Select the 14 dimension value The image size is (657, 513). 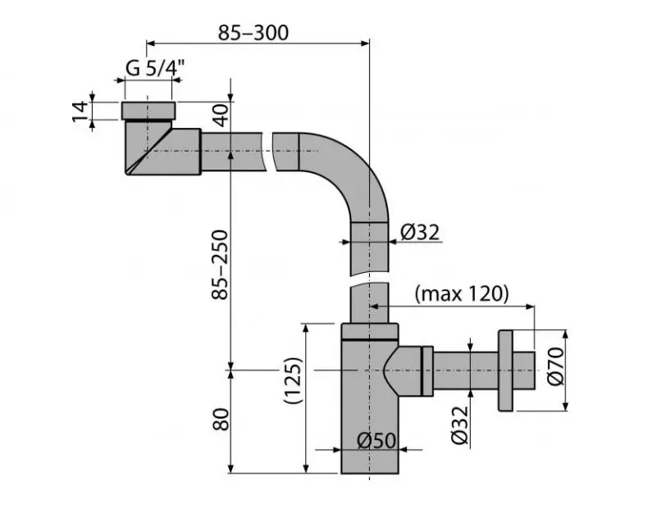[x=79, y=111]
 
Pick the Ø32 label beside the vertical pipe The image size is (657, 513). [x=421, y=233]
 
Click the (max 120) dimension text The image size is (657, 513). [x=462, y=293]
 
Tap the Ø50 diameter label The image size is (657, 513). [x=376, y=441]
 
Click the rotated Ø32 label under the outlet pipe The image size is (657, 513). [x=459, y=424]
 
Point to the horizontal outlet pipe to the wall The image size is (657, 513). [x=463, y=370]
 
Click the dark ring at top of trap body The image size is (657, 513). [x=369, y=334]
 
